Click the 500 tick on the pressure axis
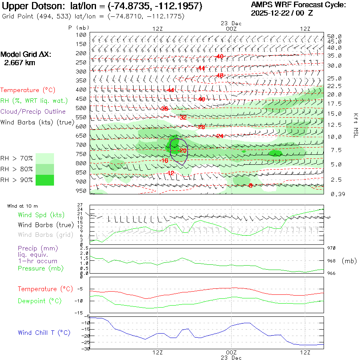click(81, 108)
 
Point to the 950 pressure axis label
click(81, 191)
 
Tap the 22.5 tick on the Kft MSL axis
click(334, 86)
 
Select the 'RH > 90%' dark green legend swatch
click(45, 180)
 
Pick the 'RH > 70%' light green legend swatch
click(45, 158)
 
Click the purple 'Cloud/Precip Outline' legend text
click(33, 111)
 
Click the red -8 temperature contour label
click(250, 186)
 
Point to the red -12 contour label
click(171, 173)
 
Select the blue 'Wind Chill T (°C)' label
click(44, 332)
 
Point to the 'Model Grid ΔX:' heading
click(26, 55)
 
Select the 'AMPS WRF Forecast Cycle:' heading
click(298, 5)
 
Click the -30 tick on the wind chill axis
click(85, 349)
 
